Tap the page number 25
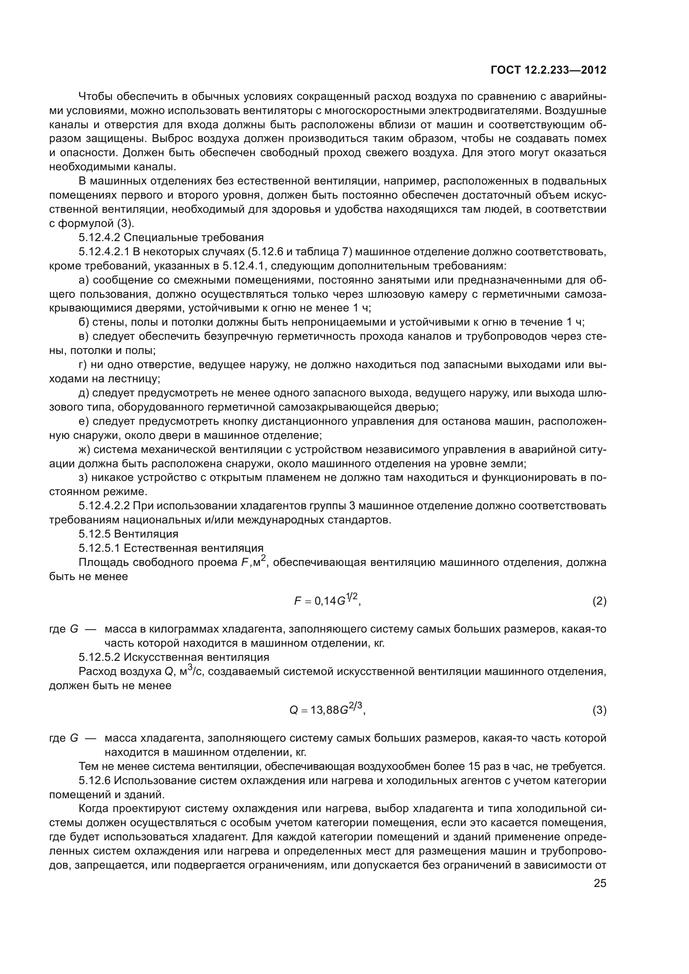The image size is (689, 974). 600,884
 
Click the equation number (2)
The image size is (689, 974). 599,602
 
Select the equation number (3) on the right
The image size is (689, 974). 599,710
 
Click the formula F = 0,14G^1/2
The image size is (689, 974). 327,600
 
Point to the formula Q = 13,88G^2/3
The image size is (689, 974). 327,709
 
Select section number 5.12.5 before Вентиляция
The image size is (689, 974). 94,534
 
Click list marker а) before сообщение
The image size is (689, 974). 84,280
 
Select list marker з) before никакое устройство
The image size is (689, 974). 84,478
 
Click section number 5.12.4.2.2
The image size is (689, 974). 105,506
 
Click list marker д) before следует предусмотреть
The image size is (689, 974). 84,393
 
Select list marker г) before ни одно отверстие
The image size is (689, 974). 83,365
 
